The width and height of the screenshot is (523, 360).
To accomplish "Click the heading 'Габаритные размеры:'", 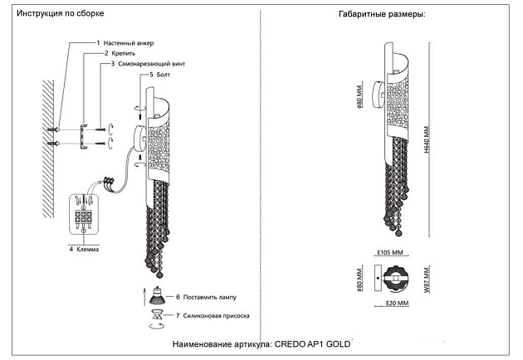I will (x=381, y=15).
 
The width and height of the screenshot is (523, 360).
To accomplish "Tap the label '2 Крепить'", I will (x=113, y=53).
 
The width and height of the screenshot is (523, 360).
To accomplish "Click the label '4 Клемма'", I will (x=86, y=247).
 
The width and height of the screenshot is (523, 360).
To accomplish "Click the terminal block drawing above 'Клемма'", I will (x=84, y=215).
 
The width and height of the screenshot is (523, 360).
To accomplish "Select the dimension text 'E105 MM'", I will (x=391, y=253).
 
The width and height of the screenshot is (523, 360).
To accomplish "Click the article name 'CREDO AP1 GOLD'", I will (x=308, y=343).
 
